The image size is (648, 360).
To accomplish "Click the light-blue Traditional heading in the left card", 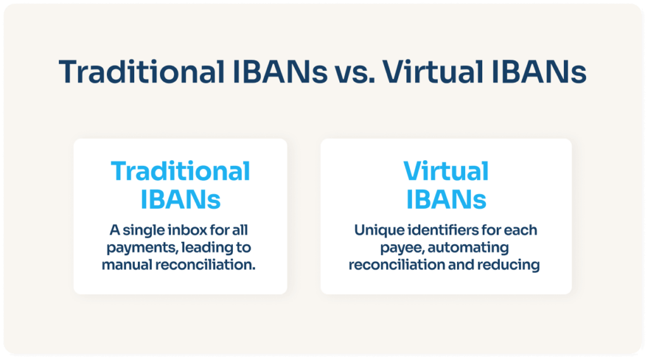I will pos(180,171).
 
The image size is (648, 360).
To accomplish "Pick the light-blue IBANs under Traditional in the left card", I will pos(180,199).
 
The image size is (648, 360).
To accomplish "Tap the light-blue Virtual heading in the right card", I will pos(446,171).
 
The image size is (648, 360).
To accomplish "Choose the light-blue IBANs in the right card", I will pos(446,199).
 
